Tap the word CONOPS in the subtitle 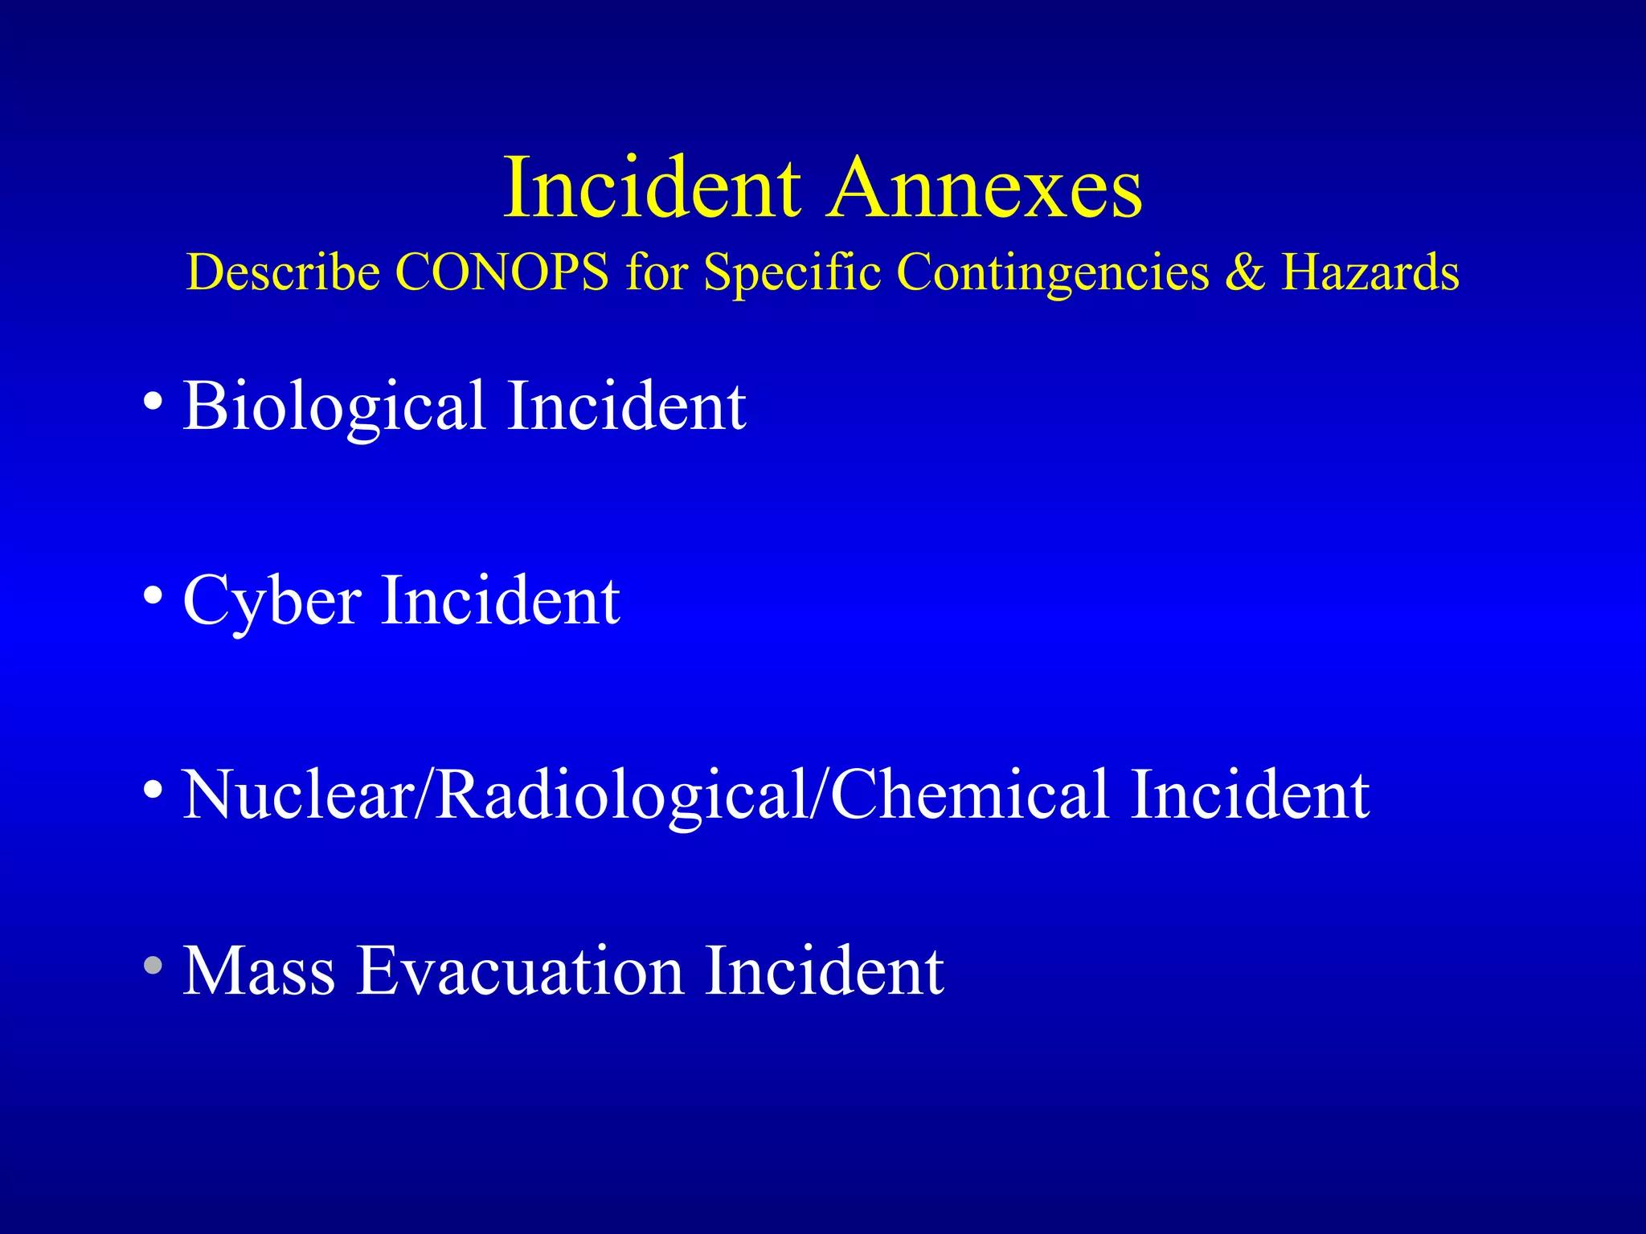click(502, 272)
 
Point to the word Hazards click(1370, 272)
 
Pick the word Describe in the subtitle click(283, 272)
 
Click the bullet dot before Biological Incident click(153, 400)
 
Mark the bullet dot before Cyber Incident click(153, 595)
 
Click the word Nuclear click(297, 795)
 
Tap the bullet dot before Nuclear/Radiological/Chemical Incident click(153, 789)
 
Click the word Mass click(259, 971)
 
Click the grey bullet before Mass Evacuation click(153, 966)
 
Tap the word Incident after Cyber click(500, 600)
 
